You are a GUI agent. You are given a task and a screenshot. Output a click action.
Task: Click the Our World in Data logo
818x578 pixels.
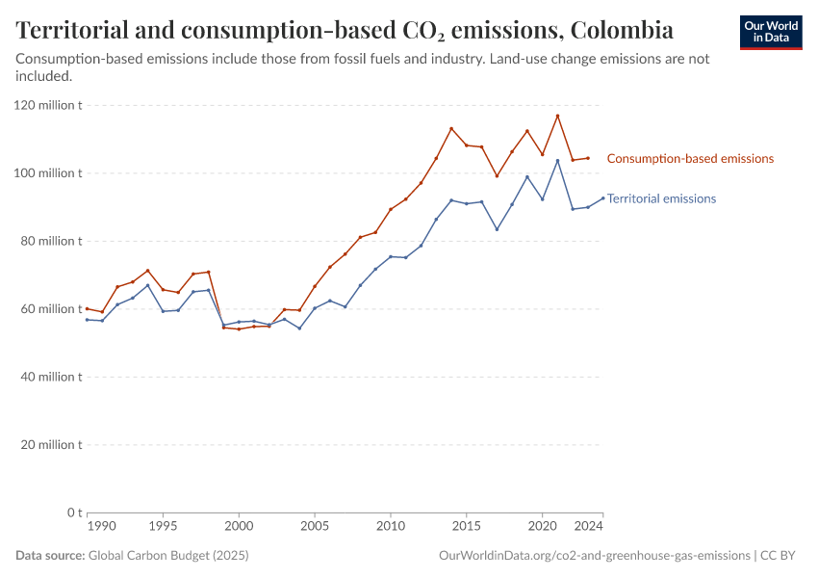point(771,32)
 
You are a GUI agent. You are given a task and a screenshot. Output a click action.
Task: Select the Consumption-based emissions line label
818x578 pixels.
point(690,159)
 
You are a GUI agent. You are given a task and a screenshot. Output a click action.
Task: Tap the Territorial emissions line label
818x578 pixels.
point(661,198)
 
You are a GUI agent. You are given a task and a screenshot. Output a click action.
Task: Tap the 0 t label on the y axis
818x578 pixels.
point(74,512)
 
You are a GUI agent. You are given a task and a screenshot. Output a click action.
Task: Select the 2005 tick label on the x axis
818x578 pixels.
point(315,527)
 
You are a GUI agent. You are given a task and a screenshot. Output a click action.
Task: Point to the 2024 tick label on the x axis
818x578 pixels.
point(589,527)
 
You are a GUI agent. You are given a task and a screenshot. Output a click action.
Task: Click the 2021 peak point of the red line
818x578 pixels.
point(557,116)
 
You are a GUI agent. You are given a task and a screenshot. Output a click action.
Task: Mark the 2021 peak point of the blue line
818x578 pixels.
point(557,160)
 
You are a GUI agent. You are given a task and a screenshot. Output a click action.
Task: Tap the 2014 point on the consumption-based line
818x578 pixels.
point(451,128)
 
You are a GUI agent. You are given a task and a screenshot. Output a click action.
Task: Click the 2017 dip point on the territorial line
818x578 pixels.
point(497,229)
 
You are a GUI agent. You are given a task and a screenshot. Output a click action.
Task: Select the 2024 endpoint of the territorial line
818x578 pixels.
point(603,198)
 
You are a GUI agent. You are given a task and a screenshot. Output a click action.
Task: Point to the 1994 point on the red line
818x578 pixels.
point(147,271)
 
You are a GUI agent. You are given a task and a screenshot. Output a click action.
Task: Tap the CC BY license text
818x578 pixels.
point(784,556)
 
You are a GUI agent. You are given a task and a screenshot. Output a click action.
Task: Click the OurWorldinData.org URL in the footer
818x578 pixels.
point(594,556)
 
